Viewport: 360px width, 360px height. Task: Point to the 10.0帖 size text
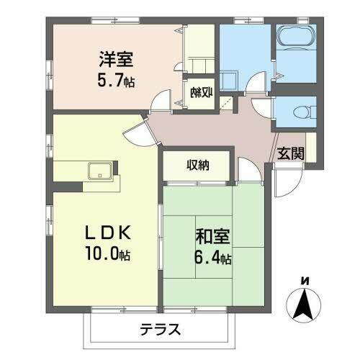105,255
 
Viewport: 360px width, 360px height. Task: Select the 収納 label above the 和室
197,165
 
